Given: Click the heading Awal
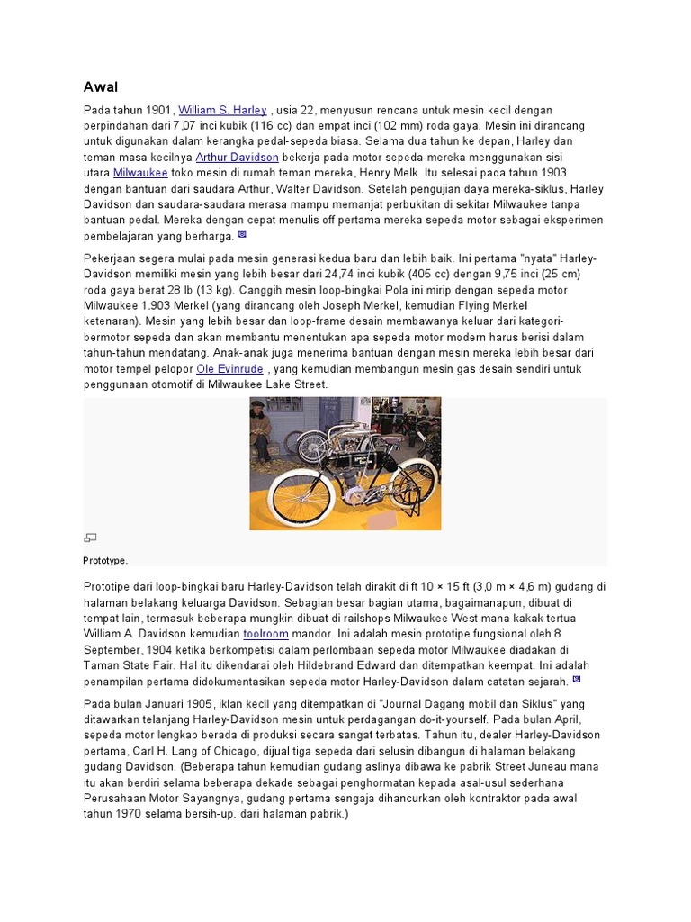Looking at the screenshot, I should [101, 86].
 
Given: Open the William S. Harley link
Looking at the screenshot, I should [222, 110].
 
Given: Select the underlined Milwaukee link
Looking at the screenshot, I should [140, 173].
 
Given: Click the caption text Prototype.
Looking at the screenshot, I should [105, 560].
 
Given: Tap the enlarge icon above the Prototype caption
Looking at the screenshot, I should [89, 538].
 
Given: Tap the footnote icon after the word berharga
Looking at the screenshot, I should [241, 235].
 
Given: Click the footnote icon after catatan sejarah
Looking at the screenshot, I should [577, 681].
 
